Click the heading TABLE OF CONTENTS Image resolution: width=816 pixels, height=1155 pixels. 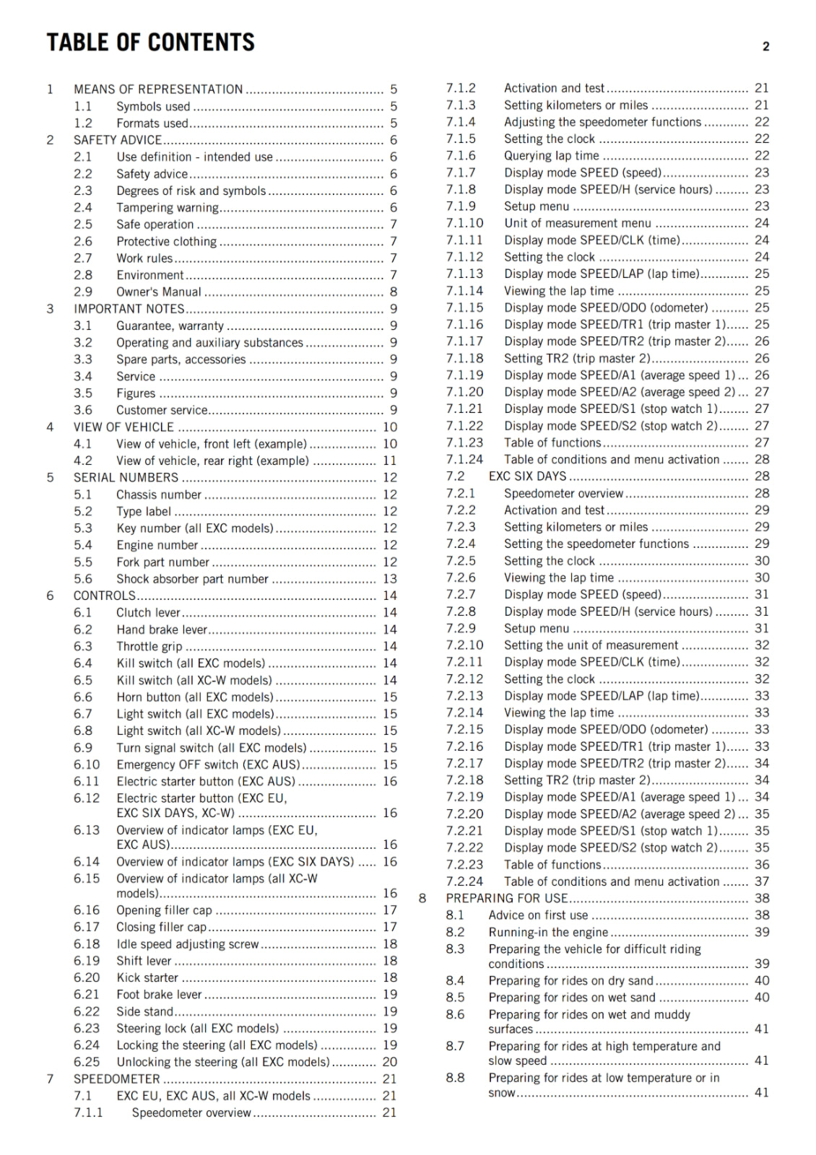click(x=150, y=43)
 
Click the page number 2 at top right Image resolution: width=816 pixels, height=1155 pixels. click(x=765, y=47)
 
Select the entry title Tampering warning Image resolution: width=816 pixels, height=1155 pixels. click(x=168, y=208)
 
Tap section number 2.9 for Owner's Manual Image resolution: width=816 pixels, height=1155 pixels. click(x=83, y=292)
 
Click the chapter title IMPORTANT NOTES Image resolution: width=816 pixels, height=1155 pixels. click(x=129, y=309)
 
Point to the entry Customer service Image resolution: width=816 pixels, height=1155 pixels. click(x=162, y=410)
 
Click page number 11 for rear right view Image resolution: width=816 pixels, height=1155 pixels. click(x=389, y=461)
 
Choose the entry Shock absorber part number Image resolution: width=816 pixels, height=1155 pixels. click(x=192, y=579)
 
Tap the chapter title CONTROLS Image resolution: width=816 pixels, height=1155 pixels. click(x=105, y=596)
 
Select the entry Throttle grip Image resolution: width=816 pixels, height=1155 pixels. click(x=149, y=647)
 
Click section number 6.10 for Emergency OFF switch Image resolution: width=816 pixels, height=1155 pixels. click(x=87, y=764)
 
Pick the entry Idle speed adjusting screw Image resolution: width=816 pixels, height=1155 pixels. click(x=187, y=944)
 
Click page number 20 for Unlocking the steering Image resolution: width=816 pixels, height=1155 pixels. click(x=389, y=1062)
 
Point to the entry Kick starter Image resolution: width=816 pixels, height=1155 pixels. click(x=147, y=977)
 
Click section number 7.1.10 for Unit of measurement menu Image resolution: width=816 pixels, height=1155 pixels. click(x=464, y=223)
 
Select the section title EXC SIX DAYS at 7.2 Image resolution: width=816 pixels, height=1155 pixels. click(x=527, y=476)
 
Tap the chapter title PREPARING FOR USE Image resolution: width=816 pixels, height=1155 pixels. click(x=506, y=898)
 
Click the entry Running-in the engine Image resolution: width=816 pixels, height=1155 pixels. click(x=548, y=932)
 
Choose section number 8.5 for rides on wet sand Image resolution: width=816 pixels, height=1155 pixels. click(x=455, y=998)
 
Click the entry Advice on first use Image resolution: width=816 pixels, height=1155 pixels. click(x=538, y=915)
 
